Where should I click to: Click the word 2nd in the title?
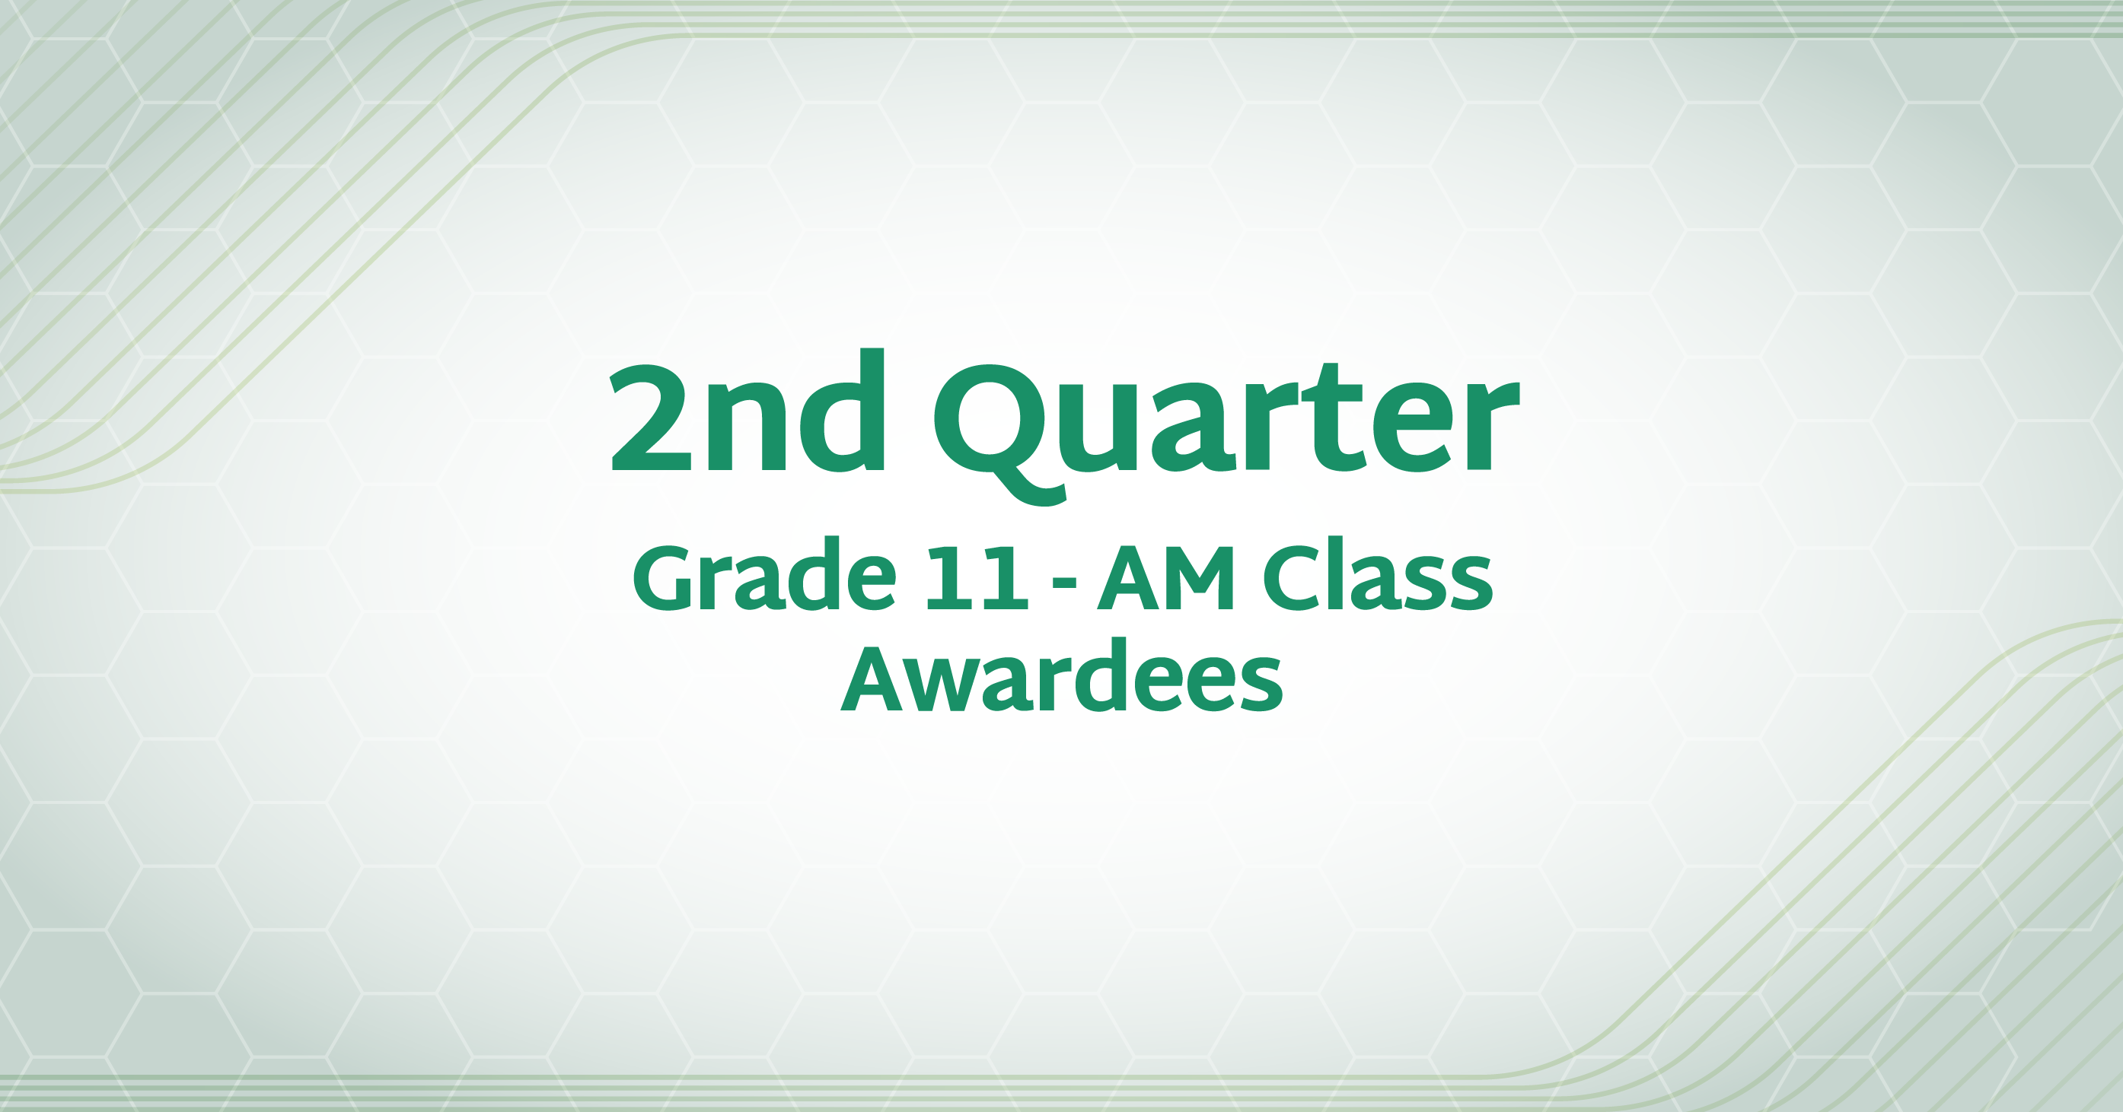click(x=748, y=409)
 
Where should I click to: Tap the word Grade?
click(x=764, y=574)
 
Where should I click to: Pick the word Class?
click(x=1378, y=574)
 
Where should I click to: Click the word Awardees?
click(x=1061, y=675)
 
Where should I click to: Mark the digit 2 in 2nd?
click(x=650, y=418)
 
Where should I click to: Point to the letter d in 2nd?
click(x=841, y=410)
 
